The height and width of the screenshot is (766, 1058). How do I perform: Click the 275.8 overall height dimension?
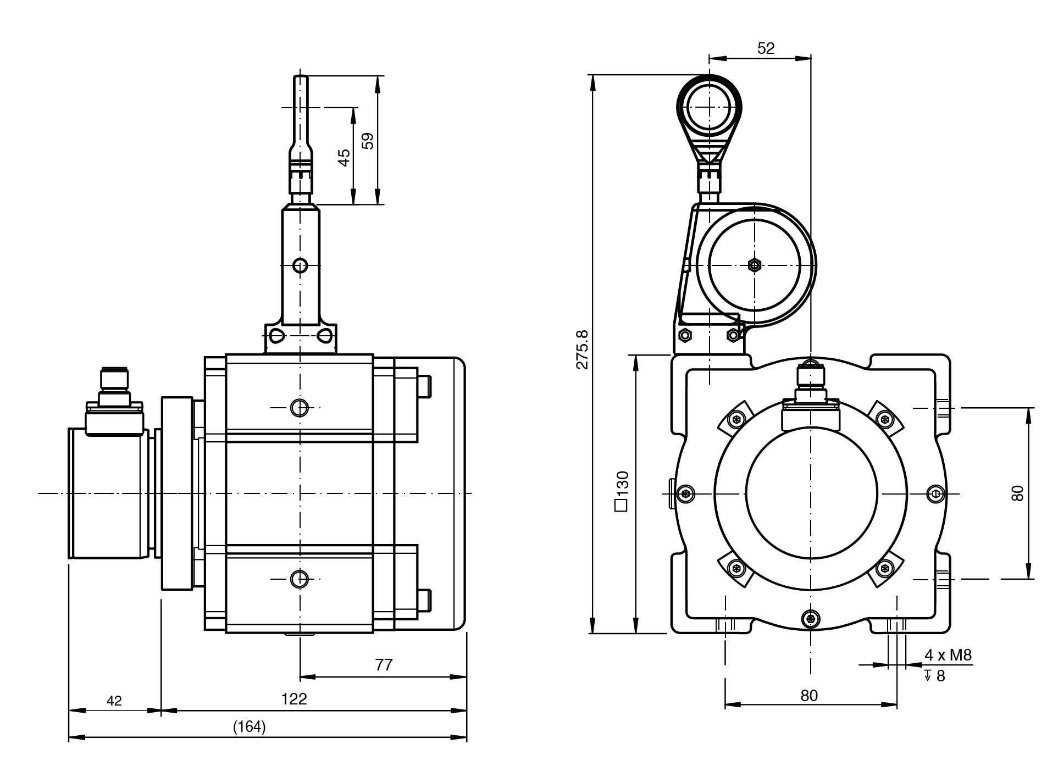[x=583, y=349]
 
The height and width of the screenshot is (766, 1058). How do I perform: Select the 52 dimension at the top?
[x=766, y=48]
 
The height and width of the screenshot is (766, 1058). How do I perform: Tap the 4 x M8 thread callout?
[x=948, y=655]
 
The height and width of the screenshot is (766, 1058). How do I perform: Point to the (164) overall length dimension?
[x=250, y=727]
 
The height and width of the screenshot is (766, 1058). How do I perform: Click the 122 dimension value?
[x=294, y=699]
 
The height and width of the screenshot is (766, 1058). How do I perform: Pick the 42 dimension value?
[x=114, y=701]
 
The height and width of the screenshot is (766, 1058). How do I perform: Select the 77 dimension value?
[x=384, y=665]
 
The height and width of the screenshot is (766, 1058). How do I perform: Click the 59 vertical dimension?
[x=369, y=141]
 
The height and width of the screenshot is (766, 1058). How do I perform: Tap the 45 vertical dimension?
[x=344, y=158]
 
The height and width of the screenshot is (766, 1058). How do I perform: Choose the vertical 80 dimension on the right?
[x=1017, y=493]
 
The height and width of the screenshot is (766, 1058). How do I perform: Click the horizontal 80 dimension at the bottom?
[x=809, y=696]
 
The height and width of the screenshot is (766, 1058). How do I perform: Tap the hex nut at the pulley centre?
[x=755, y=265]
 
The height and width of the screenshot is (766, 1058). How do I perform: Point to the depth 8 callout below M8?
[x=935, y=676]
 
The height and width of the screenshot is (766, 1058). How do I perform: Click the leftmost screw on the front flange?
[x=685, y=493]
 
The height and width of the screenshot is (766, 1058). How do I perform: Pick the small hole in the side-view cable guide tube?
[x=300, y=266]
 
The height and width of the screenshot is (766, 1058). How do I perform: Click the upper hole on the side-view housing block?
[x=300, y=408]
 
